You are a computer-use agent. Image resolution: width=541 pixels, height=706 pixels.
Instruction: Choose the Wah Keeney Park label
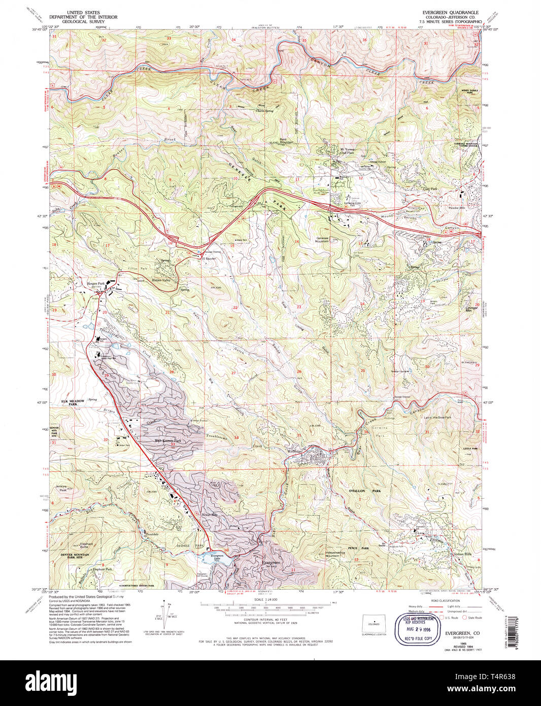click(167, 440)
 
